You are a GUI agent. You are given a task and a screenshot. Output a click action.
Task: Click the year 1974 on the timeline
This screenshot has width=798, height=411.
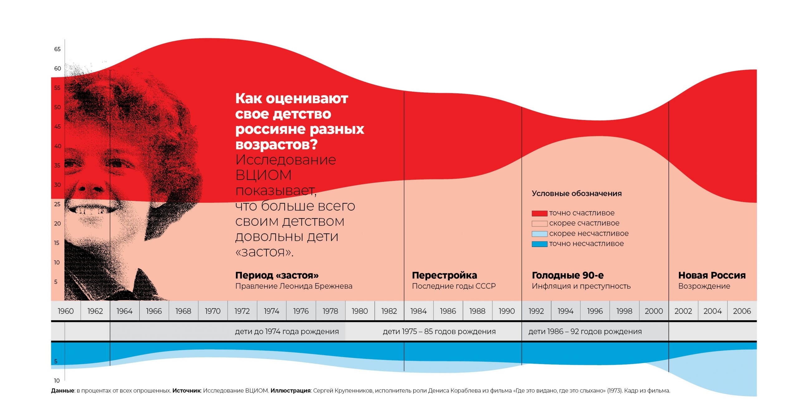[x=271, y=311]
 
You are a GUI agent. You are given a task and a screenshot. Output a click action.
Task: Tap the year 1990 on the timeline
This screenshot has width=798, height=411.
[x=507, y=311]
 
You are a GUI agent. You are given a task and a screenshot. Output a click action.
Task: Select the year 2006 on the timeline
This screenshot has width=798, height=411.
[x=742, y=311]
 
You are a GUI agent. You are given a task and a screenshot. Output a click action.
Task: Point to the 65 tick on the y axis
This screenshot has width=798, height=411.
[x=57, y=49]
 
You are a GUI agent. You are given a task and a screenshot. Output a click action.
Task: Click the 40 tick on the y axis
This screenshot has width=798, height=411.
[x=58, y=146]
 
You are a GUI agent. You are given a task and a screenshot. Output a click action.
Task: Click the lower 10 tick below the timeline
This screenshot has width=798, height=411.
[x=57, y=380]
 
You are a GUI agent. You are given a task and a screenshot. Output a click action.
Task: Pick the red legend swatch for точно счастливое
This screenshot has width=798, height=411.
[x=540, y=214]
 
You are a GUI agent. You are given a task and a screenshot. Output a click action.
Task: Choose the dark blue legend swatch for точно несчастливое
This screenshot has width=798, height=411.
[x=540, y=244]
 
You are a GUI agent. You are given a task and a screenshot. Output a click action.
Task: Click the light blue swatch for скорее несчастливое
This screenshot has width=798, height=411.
[x=540, y=234]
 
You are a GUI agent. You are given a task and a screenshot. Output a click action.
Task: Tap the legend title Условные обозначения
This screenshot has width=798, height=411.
[x=577, y=194]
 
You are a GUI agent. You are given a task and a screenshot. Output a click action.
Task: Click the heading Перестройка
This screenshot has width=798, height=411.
[x=445, y=275]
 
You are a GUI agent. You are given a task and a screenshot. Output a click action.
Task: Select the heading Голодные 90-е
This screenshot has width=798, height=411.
[x=568, y=275]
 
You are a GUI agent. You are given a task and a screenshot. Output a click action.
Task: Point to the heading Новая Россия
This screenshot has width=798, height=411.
[x=712, y=275]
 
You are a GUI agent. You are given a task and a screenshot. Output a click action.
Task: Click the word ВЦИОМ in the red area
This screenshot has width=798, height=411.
[x=263, y=175]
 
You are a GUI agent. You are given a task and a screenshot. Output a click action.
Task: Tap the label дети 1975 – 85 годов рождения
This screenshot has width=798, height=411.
[x=439, y=331]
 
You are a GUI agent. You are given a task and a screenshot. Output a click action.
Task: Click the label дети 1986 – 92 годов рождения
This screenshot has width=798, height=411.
[x=585, y=331]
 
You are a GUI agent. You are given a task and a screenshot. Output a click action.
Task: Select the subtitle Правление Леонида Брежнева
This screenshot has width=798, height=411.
[x=294, y=286]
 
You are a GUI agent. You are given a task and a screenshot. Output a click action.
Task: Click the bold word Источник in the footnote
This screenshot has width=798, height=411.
[x=186, y=391]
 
